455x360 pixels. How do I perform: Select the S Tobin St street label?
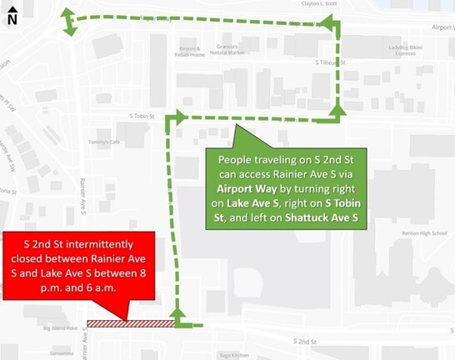click(x=143, y=117)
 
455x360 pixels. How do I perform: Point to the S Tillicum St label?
click(x=330, y=62)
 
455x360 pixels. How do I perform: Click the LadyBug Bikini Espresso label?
click(x=412, y=54)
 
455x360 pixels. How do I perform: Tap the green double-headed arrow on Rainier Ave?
click(x=69, y=22)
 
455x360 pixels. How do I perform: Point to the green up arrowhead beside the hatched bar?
click(x=177, y=313)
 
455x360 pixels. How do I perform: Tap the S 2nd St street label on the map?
click(x=307, y=342)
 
